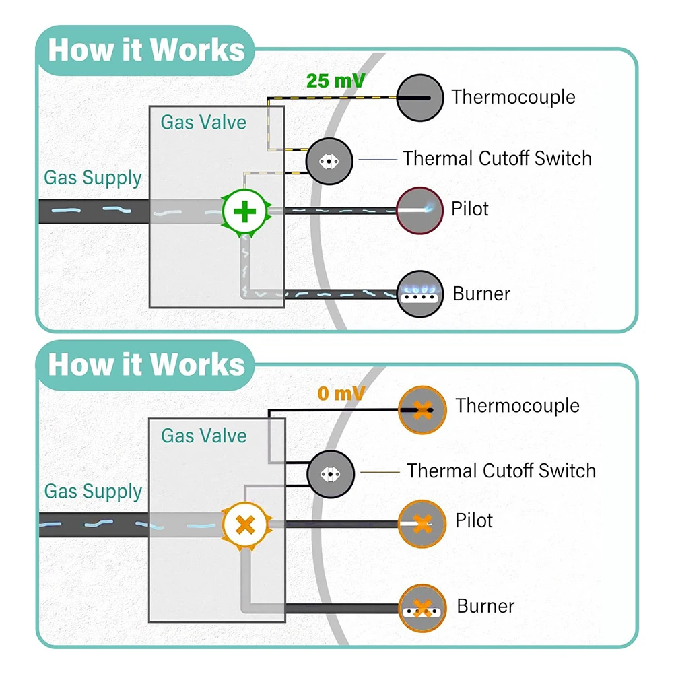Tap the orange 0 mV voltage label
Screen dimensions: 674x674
point(341,393)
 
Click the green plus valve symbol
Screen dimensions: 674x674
point(245,212)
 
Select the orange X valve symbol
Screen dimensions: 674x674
point(245,524)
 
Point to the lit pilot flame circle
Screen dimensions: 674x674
point(419,210)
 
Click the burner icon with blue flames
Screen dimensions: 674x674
point(419,294)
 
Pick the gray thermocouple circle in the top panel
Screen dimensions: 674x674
point(419,97)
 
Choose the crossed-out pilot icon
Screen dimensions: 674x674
point(422,523)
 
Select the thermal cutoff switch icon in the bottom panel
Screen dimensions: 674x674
point(331,473)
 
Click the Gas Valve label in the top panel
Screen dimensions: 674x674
point(203,123)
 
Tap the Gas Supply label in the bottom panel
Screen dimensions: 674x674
point(93,491)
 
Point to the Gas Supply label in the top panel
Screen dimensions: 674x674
point(93,178)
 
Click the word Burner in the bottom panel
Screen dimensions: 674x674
point(485,606)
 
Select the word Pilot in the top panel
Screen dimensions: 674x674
point(470,209)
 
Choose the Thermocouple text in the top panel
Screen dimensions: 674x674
point(513,97)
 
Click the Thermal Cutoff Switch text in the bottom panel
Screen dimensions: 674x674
point(501,470)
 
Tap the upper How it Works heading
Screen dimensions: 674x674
point(146,50)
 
